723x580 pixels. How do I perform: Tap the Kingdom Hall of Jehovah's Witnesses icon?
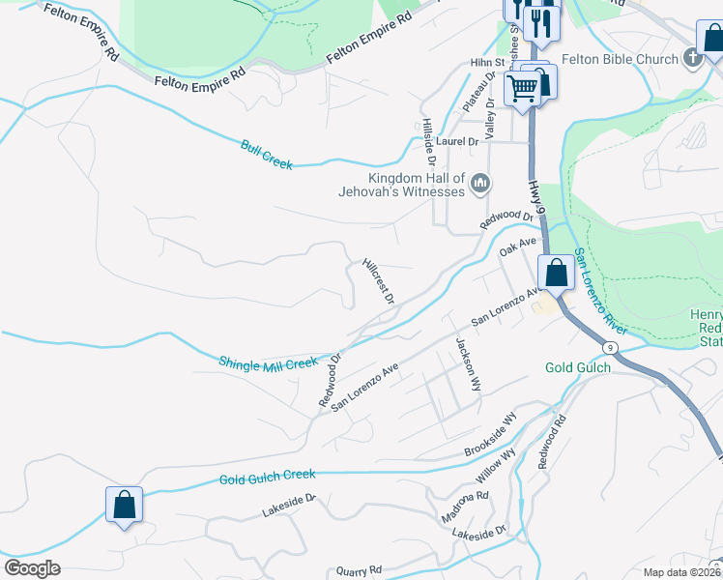tap(479, 184)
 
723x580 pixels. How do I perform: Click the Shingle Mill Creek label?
tap(268, 363)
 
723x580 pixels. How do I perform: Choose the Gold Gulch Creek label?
tap(267, 477)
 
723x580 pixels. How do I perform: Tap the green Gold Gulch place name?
tap(578, 367)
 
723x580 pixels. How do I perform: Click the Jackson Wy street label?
tap(469, 363)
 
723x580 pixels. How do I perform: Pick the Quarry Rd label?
tap(360, 570)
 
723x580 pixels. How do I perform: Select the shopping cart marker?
tap(523, 88)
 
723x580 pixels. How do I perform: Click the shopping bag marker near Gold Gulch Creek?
tap(124, 504)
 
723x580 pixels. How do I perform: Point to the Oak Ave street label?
tap(517, 247)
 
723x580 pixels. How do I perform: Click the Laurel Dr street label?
tap(457, 141)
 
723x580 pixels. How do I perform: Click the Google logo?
tap(32, 567)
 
